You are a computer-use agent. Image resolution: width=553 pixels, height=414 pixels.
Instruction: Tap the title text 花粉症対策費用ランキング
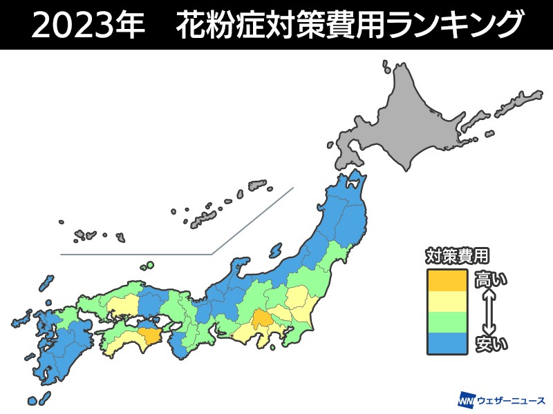349,26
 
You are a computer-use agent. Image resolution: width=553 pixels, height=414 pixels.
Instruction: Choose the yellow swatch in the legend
448,301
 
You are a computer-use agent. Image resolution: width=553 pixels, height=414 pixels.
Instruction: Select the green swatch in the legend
448,322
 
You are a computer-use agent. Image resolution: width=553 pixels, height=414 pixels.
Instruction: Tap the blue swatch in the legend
448,342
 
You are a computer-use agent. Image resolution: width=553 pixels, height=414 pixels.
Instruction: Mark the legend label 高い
490,279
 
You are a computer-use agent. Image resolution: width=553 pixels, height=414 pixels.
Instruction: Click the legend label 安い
490,342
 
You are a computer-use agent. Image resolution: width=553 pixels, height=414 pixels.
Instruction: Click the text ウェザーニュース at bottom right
512,400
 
